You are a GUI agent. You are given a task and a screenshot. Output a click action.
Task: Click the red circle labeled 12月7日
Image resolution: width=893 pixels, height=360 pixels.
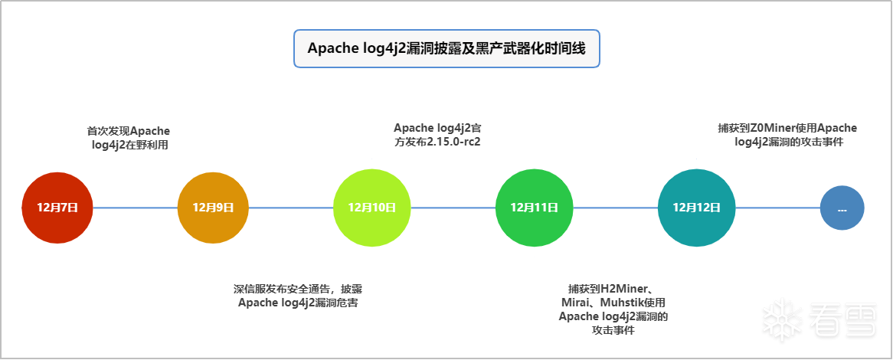(57, 208)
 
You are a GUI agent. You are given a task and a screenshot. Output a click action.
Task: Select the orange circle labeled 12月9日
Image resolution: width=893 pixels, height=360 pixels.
(213, 208)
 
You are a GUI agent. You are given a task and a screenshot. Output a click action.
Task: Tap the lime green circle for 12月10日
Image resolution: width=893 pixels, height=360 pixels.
(372, 208)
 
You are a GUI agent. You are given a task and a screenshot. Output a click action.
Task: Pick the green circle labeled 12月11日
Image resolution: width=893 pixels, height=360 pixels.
(535, 208)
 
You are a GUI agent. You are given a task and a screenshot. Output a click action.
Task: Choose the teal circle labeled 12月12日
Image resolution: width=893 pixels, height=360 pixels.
(696, 208)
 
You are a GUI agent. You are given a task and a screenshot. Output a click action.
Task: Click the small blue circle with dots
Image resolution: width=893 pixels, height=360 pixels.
(842, 208)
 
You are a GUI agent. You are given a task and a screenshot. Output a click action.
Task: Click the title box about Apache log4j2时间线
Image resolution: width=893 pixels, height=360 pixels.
(446, 48)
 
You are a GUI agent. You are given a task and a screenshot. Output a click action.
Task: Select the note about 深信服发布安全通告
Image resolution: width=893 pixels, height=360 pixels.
(298, 296)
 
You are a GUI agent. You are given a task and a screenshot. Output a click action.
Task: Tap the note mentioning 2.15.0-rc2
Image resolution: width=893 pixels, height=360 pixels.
(437, 135)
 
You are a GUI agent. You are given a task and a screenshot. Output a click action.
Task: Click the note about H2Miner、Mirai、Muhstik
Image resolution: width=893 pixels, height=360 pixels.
(613, 309)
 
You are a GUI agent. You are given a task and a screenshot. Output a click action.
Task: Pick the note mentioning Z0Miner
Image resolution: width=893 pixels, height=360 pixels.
(787, 135)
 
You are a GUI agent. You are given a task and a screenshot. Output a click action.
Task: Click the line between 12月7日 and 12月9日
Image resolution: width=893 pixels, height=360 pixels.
(135, 208)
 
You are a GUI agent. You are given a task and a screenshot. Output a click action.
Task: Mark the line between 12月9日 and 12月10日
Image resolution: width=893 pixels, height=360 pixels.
(291, 208)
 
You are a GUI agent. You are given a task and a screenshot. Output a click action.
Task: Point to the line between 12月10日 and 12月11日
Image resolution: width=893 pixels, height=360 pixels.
(453, 208)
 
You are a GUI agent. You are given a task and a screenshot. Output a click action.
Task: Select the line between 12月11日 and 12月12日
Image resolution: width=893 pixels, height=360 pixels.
(616, 208)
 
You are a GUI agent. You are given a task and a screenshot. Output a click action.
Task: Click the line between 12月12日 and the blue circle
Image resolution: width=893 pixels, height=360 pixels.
(778, 208)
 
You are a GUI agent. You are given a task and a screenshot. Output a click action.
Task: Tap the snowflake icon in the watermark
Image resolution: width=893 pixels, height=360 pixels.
(781, 320)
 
